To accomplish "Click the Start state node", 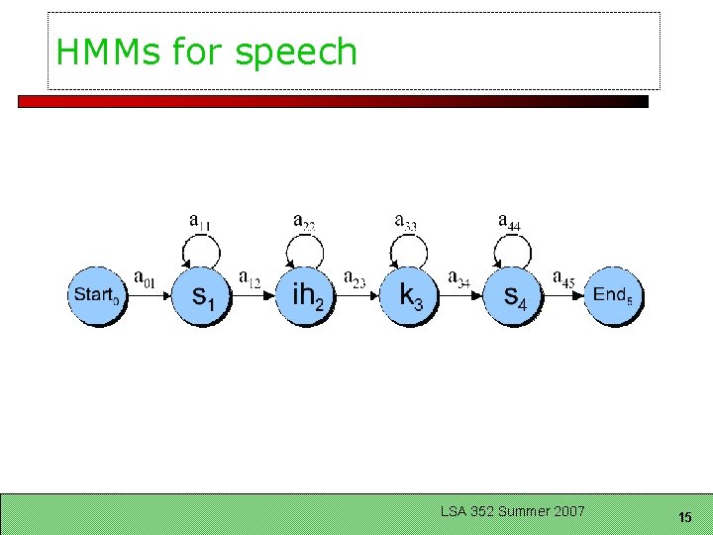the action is click(x=97, y=294).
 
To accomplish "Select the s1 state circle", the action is click(x=201, y=294).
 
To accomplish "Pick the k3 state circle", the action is click(x=410, y=294).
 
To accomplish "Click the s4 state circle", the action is click(x=514, y=294).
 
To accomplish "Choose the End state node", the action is click(x=613, y=294).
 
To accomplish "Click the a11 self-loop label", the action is click(x=200, y=221).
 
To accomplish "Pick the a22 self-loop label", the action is click(x=305, y=221).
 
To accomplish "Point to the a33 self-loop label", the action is click(x=406, y=221).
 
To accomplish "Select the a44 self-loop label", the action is click(x=509, y=221).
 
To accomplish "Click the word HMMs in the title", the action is click(x=110, y=52).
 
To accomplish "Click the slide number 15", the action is click(x=684, y=517).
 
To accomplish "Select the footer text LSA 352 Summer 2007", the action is click(x=513, y=511).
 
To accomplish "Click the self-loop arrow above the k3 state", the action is click(x=406, y=248).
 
